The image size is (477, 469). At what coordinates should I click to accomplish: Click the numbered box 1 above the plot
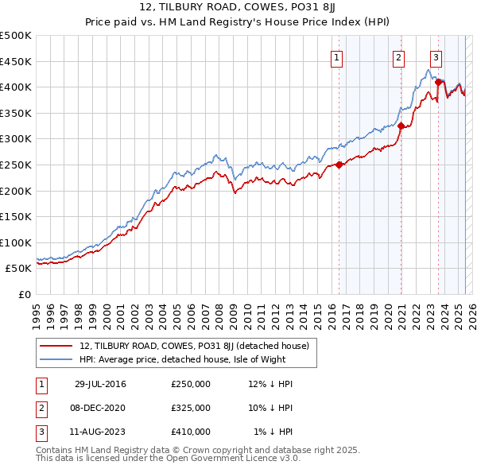337,56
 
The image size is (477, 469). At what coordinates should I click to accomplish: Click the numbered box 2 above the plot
398,56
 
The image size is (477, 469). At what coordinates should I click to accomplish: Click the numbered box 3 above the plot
436,56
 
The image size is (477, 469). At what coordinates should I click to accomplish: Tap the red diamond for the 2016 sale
339,165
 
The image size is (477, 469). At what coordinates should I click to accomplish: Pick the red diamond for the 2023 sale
438,82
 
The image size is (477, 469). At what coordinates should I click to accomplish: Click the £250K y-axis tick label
16,165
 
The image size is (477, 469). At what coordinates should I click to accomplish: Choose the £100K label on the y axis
16,242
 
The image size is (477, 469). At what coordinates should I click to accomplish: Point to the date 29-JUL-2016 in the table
100,384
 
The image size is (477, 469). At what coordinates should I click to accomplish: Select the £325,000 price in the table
191,408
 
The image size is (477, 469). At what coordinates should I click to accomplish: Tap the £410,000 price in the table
191,432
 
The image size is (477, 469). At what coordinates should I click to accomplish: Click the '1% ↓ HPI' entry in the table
273,432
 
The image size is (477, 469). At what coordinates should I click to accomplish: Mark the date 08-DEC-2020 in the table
100,408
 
